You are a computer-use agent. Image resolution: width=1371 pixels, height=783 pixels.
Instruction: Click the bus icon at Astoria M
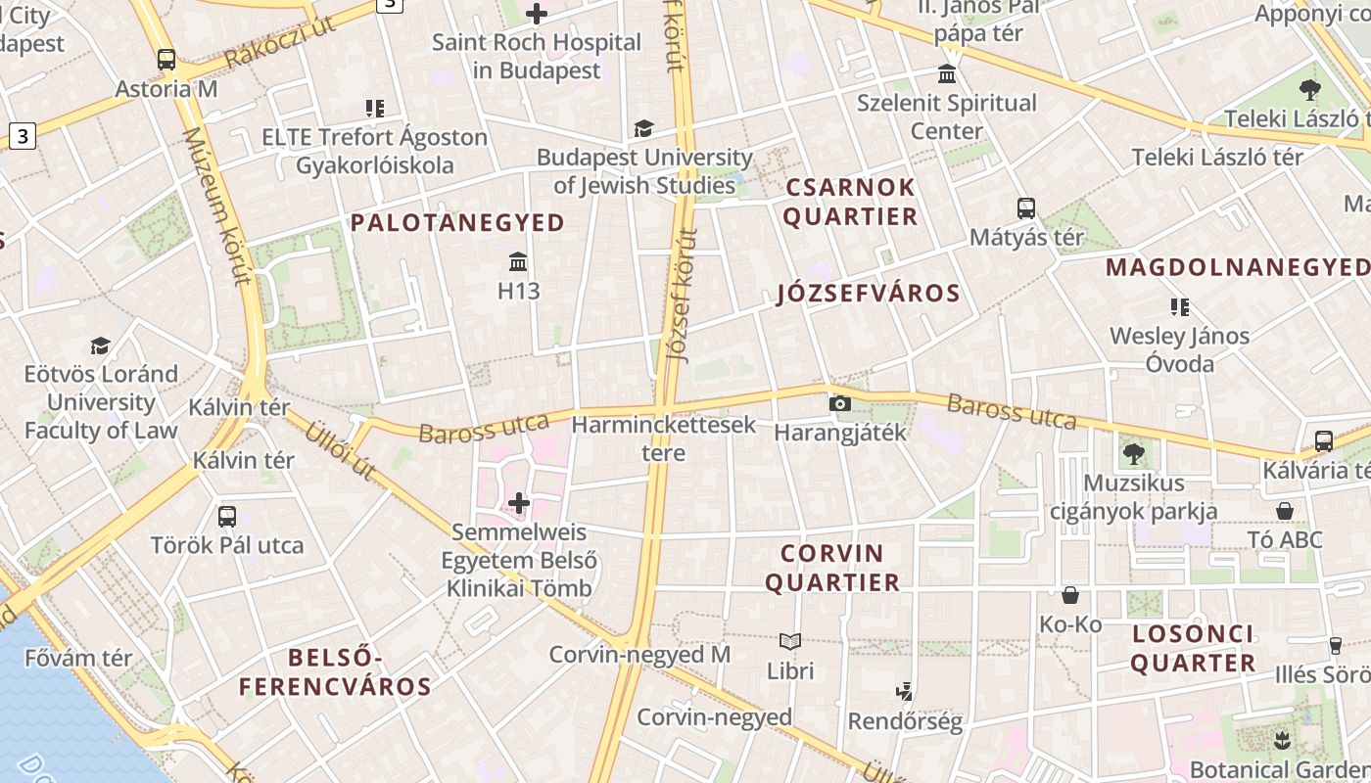click(166, 59)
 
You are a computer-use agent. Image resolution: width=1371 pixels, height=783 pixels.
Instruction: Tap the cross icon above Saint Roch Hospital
click(537, 14)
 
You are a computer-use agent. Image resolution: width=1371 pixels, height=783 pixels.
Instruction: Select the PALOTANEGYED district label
click(458, 223)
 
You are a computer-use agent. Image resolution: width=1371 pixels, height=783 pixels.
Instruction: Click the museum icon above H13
click(519, 262)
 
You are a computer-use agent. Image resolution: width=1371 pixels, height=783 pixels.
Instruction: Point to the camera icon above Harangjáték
click(839, 403)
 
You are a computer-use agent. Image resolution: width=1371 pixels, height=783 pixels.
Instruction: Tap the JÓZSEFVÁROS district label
click(869, 294)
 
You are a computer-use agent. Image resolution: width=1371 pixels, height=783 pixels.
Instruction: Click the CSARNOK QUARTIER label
click(850, 202)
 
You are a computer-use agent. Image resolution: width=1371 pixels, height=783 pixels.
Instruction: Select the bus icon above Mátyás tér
click(1026, 208)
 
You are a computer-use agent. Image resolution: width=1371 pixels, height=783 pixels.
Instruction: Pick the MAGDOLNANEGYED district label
click(1238, 267)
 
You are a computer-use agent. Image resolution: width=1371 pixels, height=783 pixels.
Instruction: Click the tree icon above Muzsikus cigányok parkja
click(1134, 453)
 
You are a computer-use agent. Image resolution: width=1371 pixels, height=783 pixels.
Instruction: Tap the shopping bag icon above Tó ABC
click(1285, 511)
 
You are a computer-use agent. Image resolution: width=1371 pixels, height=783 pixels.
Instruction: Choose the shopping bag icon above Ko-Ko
click(1070, 595)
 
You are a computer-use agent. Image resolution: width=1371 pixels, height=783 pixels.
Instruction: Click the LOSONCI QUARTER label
click(1193, 648)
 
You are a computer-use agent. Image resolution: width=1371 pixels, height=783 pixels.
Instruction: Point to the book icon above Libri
click(790, 642)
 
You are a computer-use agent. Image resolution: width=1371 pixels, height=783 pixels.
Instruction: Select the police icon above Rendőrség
click(905, 692)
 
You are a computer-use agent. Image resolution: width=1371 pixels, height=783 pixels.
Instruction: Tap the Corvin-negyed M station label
click(639, 655)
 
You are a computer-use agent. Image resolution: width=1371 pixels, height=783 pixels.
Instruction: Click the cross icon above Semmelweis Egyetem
click(519, 504)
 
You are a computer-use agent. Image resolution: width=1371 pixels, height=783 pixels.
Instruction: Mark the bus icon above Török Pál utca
click(227, 516)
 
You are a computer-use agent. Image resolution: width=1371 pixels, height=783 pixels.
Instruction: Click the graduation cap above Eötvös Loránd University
click(101, 345)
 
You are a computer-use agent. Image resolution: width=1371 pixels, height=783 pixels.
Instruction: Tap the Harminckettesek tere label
click(664, 438)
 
